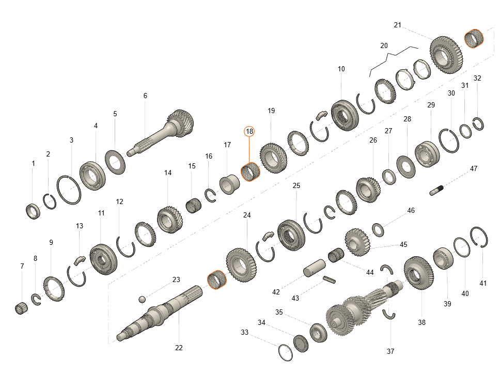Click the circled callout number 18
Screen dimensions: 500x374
[249, 131]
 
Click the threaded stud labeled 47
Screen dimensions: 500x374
[436, 190]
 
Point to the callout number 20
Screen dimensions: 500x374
[384, 45]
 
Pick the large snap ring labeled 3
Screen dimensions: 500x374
[69, 190]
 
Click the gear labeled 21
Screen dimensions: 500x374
[446, 55]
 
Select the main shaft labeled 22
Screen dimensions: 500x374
[160, 313]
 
